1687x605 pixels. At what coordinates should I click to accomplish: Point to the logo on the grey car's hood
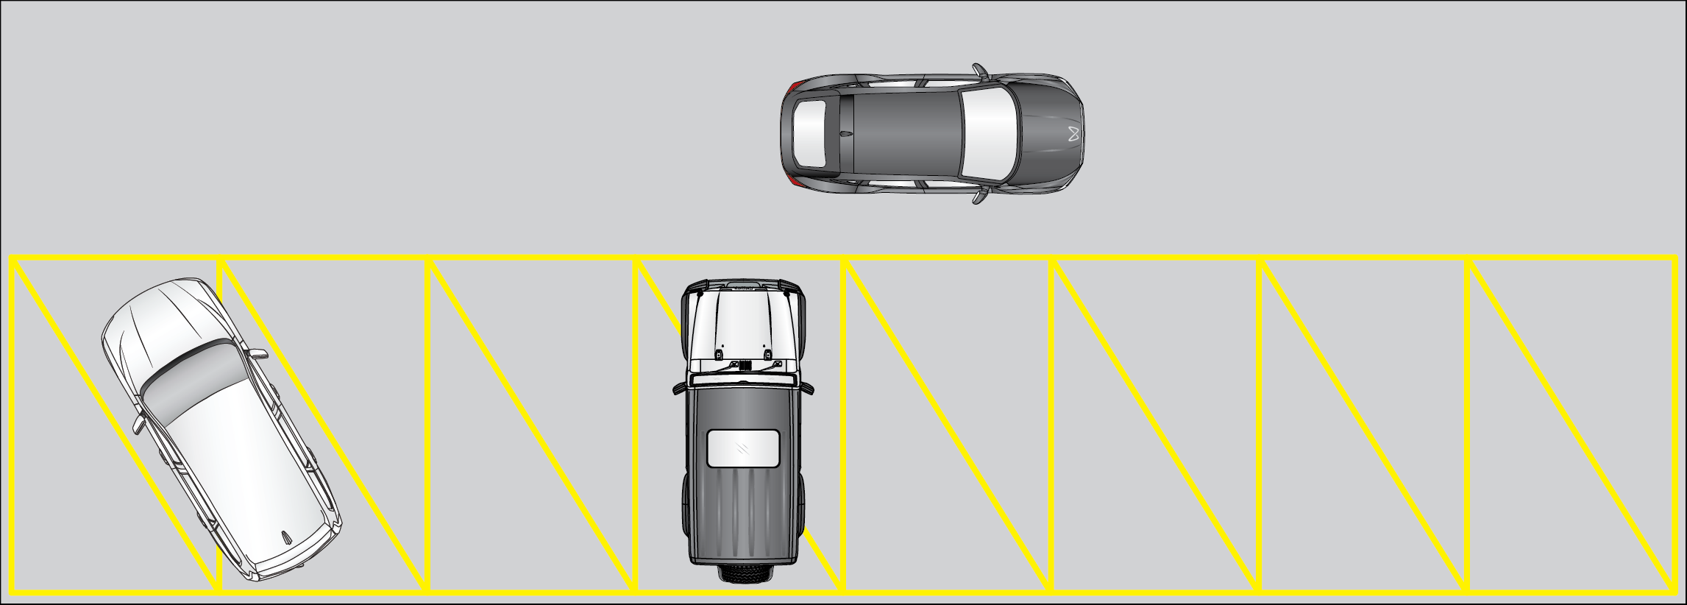point(1073,135)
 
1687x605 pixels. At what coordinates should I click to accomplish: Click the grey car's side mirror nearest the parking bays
point(980,196)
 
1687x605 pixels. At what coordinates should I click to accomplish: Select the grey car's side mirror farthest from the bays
point(980,71)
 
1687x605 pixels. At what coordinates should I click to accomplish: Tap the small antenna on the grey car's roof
point(846,134)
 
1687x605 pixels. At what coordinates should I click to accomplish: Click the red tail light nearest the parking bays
point(792,180)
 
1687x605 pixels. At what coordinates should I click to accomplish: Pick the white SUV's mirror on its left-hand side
point(138,425)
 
